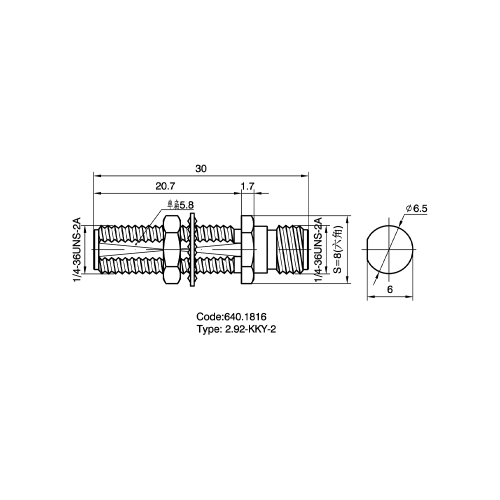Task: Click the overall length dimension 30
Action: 201,168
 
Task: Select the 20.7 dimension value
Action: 165,186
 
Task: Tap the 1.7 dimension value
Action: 247,186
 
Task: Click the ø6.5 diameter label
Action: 417,208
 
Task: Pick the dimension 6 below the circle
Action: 389,289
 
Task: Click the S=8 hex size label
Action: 337,249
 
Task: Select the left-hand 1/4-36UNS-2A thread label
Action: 77,249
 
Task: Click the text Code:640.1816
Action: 231,316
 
